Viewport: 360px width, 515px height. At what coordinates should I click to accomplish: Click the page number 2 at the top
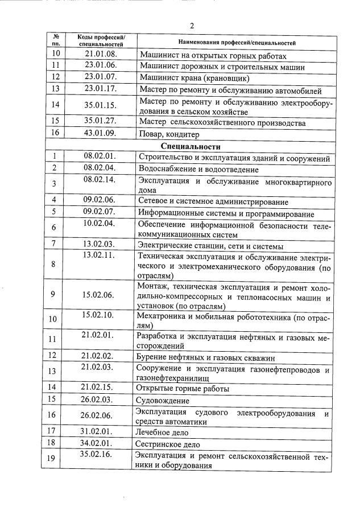tap(192, 26)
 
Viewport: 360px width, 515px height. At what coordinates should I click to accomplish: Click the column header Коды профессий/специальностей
tap(101, 40)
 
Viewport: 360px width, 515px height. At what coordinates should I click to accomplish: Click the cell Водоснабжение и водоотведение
tap(198, 170)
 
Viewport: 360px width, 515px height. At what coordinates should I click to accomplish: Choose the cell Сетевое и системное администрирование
tap(213, 201)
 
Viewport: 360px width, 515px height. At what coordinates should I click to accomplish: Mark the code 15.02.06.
tap(98, 294)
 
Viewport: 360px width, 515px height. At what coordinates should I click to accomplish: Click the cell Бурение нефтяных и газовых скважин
tap(206, 358)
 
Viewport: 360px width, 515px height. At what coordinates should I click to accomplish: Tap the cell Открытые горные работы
tap(182, 389)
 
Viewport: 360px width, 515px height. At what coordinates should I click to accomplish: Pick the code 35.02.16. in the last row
tap(98, 455)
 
